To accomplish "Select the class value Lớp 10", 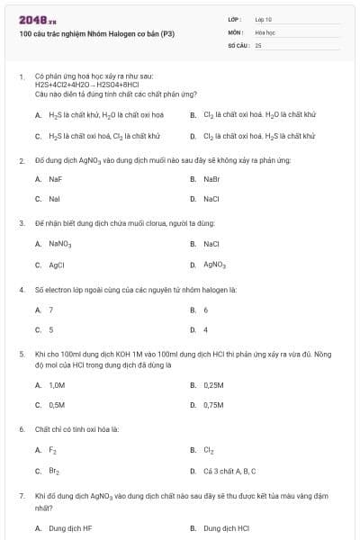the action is click(x=264, y=19).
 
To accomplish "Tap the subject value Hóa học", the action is click(x=265, y=31).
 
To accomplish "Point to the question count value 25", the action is click(x=258, y=44).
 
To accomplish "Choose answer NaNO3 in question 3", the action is click(x=59, y=244).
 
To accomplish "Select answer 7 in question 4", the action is click(x=50, y=310).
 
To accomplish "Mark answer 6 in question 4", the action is click(x=206, y=310).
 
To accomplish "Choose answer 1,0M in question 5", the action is click(x=57, y=384).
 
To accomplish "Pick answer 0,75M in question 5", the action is click(x=213, y=404).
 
